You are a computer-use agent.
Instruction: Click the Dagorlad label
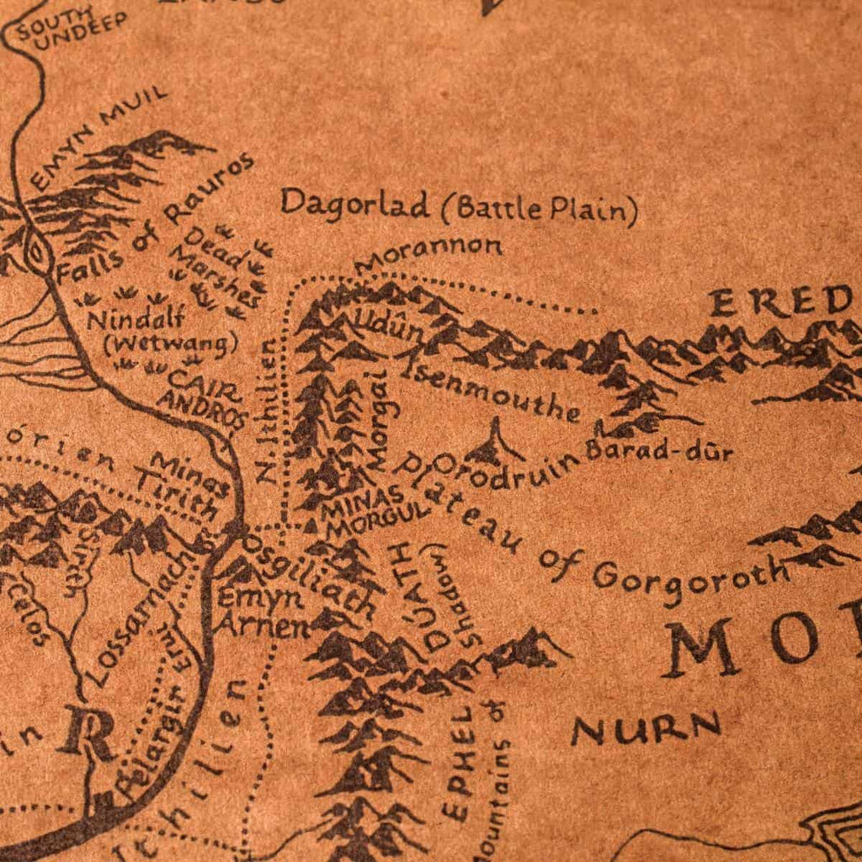click(354, 204)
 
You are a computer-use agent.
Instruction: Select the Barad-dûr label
click(659, 450)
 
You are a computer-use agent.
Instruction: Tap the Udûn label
click(378, 327)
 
